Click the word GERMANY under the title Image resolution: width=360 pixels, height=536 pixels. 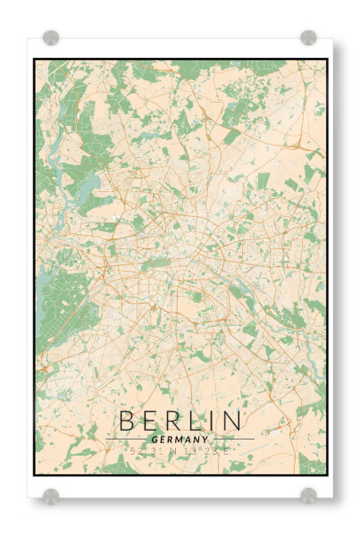tap(180, 440)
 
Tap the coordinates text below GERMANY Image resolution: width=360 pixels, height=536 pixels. tap(180, 451)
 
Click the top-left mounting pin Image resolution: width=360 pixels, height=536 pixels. tap(51, 38)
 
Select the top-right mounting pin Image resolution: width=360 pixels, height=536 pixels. tap(308, 38)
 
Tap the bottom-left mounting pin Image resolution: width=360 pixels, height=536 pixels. tap(51, 495)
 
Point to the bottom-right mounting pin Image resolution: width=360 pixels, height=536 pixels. tap(308, 495)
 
